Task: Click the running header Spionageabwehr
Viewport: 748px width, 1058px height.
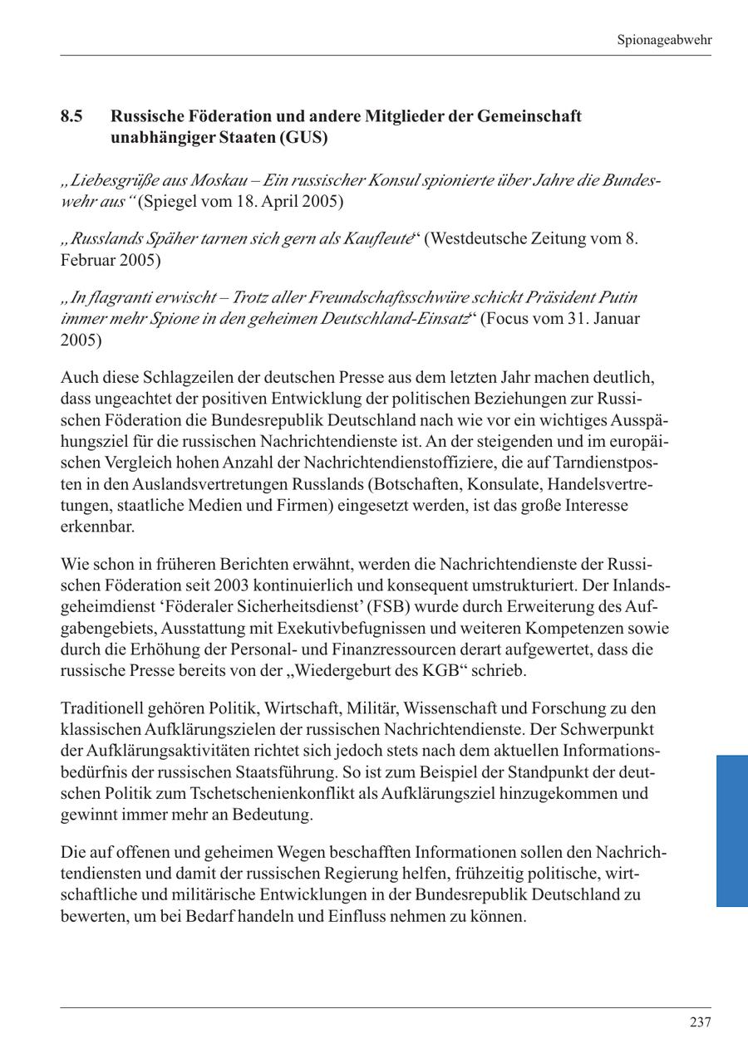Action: pos(665,40)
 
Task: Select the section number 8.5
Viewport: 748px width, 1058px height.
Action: pos(71,116)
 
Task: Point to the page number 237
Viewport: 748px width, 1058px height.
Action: pos(700,1022)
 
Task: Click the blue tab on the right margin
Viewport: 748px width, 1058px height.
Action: pos(731,830)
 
